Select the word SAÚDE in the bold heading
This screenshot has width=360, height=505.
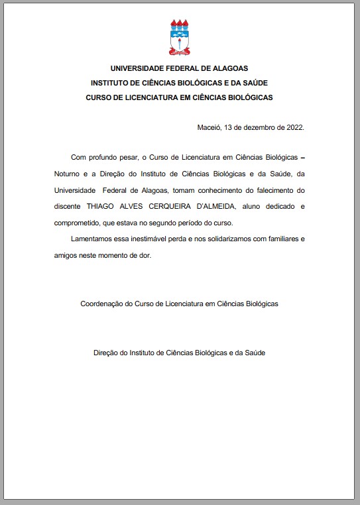(253, 83)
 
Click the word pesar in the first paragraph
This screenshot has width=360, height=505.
(125, 158)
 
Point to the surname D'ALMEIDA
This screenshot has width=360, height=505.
(221, 206)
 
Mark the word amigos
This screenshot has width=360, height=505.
(68, 254)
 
